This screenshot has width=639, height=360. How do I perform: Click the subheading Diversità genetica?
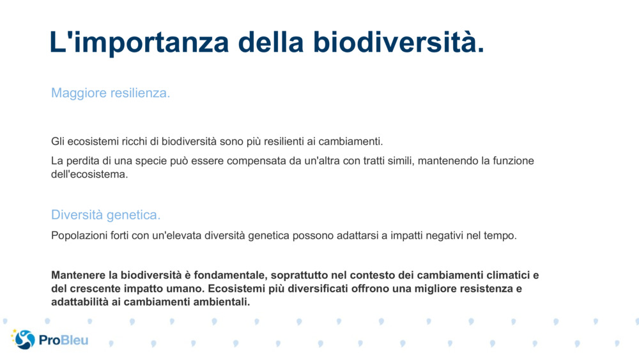105,215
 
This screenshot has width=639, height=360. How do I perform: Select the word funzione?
512,160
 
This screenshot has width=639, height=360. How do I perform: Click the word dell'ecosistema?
89,175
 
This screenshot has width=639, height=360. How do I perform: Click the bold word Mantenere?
78,276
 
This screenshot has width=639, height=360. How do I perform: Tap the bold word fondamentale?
229,276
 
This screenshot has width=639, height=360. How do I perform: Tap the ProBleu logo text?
63,340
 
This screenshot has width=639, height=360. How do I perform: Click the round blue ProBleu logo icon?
24,340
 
